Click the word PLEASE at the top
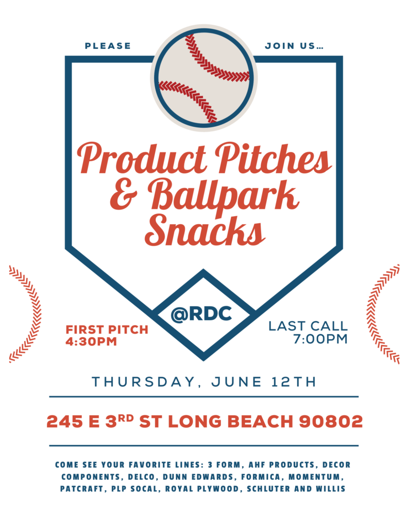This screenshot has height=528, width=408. coord(108,46)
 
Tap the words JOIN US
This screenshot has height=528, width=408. coord(294,46)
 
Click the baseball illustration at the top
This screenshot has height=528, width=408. coord(204,78)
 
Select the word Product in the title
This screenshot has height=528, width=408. coord(142,158)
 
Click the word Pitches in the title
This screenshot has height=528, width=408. coord(273,158)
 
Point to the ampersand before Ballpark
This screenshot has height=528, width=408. coord(124,194)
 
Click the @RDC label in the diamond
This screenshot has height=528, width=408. coord(201,314)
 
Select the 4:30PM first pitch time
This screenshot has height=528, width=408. coord(91,341)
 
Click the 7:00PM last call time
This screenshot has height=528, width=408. coord(320,339)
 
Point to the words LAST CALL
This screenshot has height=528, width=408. coord(308,326)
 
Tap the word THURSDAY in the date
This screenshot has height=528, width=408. coord(144,382)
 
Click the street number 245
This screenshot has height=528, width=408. coord(64,421)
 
